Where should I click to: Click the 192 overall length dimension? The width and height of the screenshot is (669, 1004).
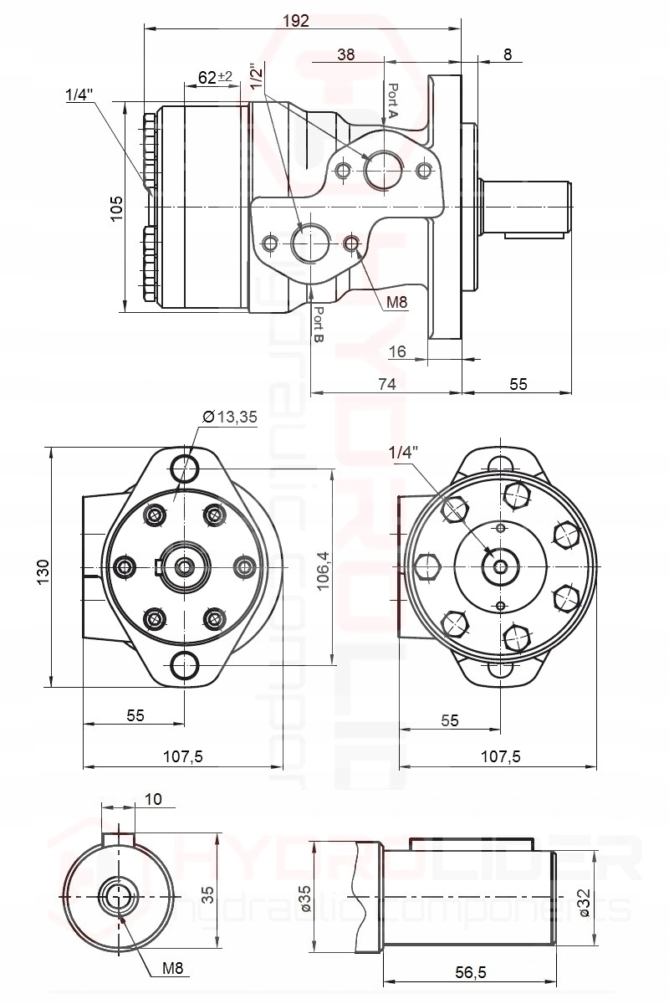pos(296,21)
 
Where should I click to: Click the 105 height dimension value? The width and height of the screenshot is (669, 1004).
pos(116,207)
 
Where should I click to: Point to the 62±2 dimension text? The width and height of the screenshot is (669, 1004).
pos(215,77)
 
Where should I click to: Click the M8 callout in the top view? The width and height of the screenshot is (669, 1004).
pos(396,303)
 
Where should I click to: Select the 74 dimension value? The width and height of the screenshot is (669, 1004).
pos(386,383)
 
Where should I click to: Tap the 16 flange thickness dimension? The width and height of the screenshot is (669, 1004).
pos(397,351)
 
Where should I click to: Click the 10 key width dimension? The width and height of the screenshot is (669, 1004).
pos(153,799)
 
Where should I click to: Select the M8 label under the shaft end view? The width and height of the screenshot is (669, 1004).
pos(172,968)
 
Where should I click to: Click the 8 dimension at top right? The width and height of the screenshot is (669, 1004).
pos(508,54)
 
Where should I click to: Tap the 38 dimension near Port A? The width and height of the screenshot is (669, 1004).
pos(345,54)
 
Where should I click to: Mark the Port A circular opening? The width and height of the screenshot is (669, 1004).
pos(384,170)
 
